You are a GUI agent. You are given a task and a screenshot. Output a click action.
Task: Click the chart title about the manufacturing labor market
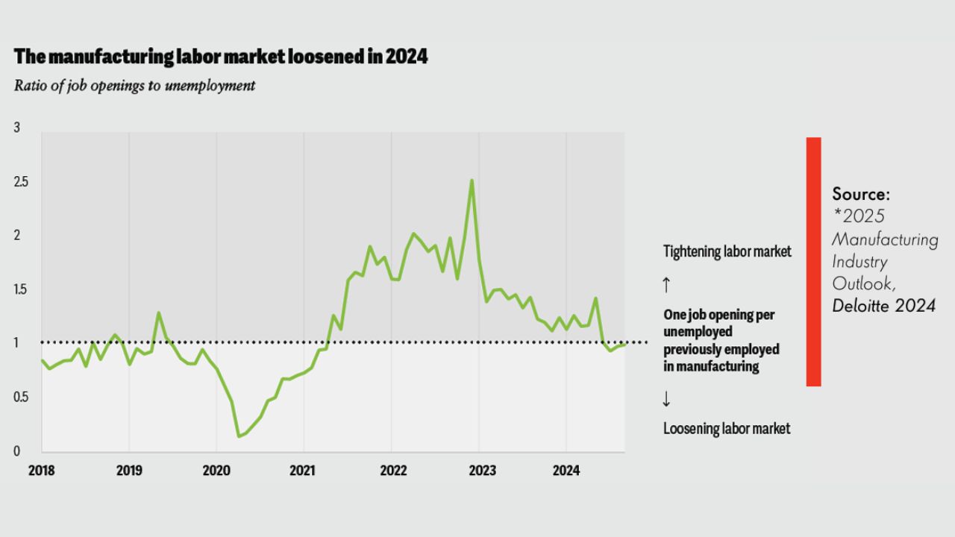[221, 57]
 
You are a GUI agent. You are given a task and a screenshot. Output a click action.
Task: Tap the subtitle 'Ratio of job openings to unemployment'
[134, 86]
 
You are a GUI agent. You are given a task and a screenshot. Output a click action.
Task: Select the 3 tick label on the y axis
[17, 128]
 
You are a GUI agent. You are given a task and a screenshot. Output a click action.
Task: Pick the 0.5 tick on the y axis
[20, 398]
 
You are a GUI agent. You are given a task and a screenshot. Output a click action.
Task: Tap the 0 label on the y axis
[17, 451]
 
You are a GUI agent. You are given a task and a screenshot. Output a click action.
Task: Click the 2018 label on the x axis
[41, 471]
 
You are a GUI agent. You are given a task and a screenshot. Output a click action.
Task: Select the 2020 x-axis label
[216, 471]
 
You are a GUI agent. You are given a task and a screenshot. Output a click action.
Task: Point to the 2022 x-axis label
[392, 471]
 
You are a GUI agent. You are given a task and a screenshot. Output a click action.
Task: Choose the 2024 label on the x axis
[566, 471]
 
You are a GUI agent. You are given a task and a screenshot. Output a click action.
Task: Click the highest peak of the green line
[472, 180]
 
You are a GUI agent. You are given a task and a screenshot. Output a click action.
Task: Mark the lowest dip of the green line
[239, 436]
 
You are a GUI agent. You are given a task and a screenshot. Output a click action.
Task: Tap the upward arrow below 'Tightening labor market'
[666, 284]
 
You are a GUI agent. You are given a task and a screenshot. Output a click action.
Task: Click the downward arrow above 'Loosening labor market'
[666, 399]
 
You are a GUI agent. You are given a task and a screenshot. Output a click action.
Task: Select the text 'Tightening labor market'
[727, 252]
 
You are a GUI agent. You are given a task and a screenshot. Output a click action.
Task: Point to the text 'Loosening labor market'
[726, 428]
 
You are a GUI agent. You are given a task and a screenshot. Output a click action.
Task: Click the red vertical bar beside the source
[813, 261]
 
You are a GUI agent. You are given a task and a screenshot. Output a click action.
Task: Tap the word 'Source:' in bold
[861, 195]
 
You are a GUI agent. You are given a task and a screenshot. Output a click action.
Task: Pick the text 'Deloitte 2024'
[883, 307]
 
